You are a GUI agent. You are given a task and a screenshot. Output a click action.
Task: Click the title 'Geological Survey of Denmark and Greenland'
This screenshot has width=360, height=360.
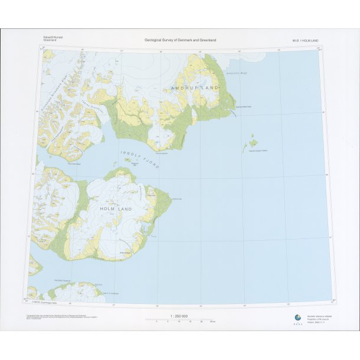pyautogui.click(x=181, y=40)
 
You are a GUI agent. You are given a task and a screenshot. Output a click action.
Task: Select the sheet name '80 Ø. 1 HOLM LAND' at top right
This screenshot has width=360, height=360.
pyautogui.click(x=306, y=40)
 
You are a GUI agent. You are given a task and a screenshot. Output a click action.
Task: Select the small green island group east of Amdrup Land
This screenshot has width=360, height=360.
pyautogui.click(x=252, y=142)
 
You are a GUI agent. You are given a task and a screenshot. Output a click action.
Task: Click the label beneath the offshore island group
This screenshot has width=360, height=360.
pyautogui.click(x=254, y=151)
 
